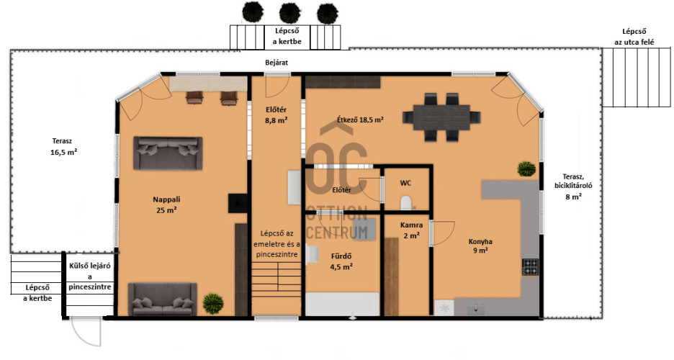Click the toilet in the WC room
coord(405,203)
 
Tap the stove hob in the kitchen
coord(531,267)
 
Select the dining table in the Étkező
coord(441,117)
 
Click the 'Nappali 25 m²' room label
coord(166,205)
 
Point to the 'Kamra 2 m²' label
coord(411,230)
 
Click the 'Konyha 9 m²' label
coord(480,246)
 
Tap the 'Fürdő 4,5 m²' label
coord(341,261)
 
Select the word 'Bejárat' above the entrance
coord(277,63)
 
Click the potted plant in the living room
coord(213,303)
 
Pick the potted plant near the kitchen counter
coord(526,168)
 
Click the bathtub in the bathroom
coord(343,305)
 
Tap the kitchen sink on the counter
coord(475,309)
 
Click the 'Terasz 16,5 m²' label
coord(63,146)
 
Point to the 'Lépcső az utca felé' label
coord(634,37)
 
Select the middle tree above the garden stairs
coord(289,13)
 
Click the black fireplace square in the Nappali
coord(238,203)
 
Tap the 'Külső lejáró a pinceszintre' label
coord(90,276)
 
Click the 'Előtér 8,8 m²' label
coord(277,115)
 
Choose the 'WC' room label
coord(406,183)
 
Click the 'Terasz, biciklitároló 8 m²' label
coord(573,187)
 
